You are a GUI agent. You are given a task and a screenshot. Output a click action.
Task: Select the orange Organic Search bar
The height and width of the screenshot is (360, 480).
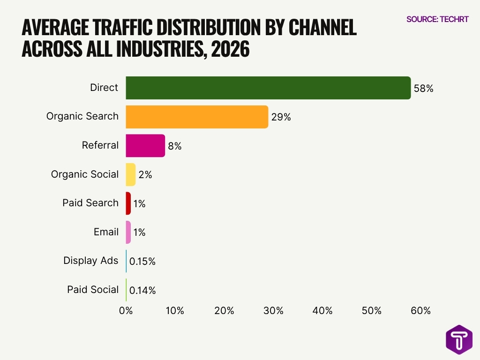(197, 117)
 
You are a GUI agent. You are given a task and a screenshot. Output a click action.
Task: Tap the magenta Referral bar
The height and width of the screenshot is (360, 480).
(145, 146)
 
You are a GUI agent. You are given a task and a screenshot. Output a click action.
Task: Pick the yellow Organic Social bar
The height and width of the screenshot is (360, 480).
(130, 174)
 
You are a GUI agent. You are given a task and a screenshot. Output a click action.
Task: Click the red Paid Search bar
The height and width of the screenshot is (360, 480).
(128, 203)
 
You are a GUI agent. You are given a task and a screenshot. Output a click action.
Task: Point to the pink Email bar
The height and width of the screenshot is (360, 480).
(128, 232)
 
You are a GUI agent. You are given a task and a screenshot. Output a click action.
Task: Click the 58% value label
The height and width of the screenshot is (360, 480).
(423, 89)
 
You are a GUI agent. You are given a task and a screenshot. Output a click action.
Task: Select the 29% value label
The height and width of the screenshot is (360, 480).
(281, 117)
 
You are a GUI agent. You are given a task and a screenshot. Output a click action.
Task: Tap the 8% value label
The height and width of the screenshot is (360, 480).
(174, 146)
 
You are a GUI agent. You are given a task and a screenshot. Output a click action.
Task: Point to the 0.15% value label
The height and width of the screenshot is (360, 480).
(142, 262)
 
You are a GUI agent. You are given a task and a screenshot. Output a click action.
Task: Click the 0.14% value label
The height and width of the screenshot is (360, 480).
(142, 291)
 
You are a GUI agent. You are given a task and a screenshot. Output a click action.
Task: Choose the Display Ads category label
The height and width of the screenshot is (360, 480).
(91, 261)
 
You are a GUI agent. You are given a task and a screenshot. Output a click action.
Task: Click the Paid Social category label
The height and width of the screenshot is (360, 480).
(93, 290)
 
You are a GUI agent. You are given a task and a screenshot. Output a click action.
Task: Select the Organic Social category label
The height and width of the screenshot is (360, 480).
(85, 174)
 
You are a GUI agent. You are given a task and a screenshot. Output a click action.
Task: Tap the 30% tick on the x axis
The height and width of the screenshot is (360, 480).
(273, 311)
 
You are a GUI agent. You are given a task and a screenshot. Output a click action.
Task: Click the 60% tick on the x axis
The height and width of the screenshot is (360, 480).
(420, 311)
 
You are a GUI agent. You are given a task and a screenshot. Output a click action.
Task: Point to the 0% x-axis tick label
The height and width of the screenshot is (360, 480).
(126, 311)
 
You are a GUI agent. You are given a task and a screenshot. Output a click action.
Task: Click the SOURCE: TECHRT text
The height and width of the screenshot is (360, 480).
(437, 19)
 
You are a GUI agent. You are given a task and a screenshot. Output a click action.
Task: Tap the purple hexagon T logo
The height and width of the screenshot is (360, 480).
(459, 340)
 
